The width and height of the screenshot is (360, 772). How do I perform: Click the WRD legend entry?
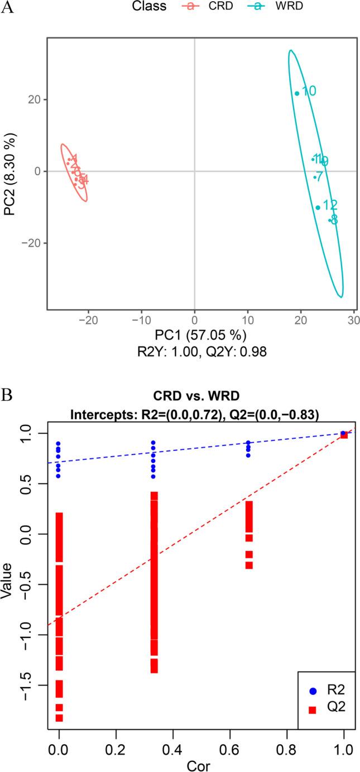coord(271,7)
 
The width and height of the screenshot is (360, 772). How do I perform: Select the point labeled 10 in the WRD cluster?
coord(297,93)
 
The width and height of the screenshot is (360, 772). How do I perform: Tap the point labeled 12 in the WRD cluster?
coord(318,208)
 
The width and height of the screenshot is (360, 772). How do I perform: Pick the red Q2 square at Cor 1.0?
coord(344,435)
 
